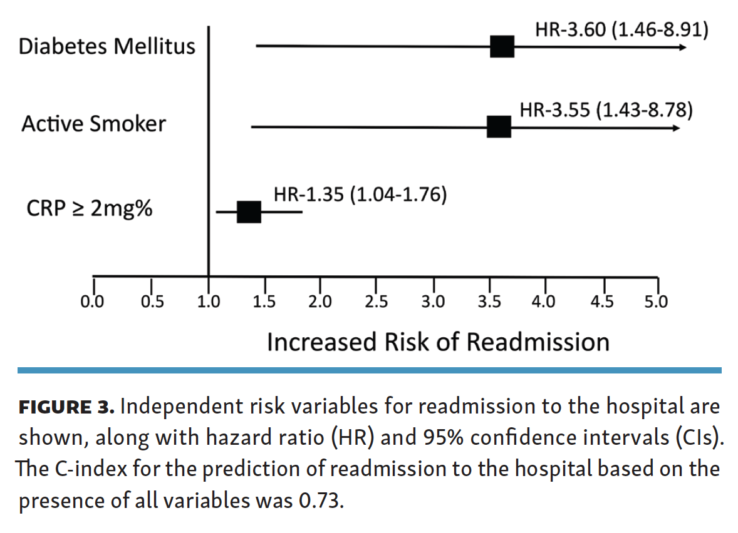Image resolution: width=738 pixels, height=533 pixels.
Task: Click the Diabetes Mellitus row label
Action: (x=107, y=46)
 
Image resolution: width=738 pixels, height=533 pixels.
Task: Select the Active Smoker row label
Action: (x=94, y=124)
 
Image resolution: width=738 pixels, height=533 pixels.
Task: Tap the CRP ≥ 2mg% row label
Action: (x=90, y=208)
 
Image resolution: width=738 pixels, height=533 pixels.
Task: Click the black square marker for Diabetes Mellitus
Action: (x=502, y=46)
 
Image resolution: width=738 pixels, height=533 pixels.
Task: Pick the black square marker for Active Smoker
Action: (x=499, y=127)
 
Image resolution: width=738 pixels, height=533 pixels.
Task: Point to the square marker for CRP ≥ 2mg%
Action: (x=249, y=212)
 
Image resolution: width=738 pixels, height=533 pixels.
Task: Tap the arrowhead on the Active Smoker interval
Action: (x=677, y=128)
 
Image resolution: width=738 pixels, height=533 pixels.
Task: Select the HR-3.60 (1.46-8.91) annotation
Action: (x=621, y=29)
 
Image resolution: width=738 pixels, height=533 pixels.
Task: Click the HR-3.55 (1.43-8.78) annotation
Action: (x=606, y=110)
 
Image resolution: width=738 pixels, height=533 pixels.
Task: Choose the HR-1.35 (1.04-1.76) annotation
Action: (x=360, y=194)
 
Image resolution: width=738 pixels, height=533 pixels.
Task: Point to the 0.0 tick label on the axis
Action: (x=92, y=302)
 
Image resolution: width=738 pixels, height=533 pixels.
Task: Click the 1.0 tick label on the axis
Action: (x=209, y=302)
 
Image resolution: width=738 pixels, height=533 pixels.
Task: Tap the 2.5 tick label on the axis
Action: (x=376, y=302)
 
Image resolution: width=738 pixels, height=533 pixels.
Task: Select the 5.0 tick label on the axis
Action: (x=656, y=302)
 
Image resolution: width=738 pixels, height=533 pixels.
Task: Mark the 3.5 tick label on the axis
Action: (x=489, y=302)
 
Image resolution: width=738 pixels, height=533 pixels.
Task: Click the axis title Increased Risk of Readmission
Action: (x=438, y=342)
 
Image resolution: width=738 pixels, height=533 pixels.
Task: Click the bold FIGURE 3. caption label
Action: (x=66, y=407)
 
